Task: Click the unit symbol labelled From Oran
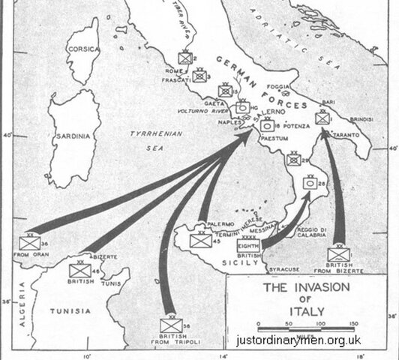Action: (31, 243)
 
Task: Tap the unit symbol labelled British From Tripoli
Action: (171, 325)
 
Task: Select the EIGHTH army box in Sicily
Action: (248, 245)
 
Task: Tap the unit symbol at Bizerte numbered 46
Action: (79, 270)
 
